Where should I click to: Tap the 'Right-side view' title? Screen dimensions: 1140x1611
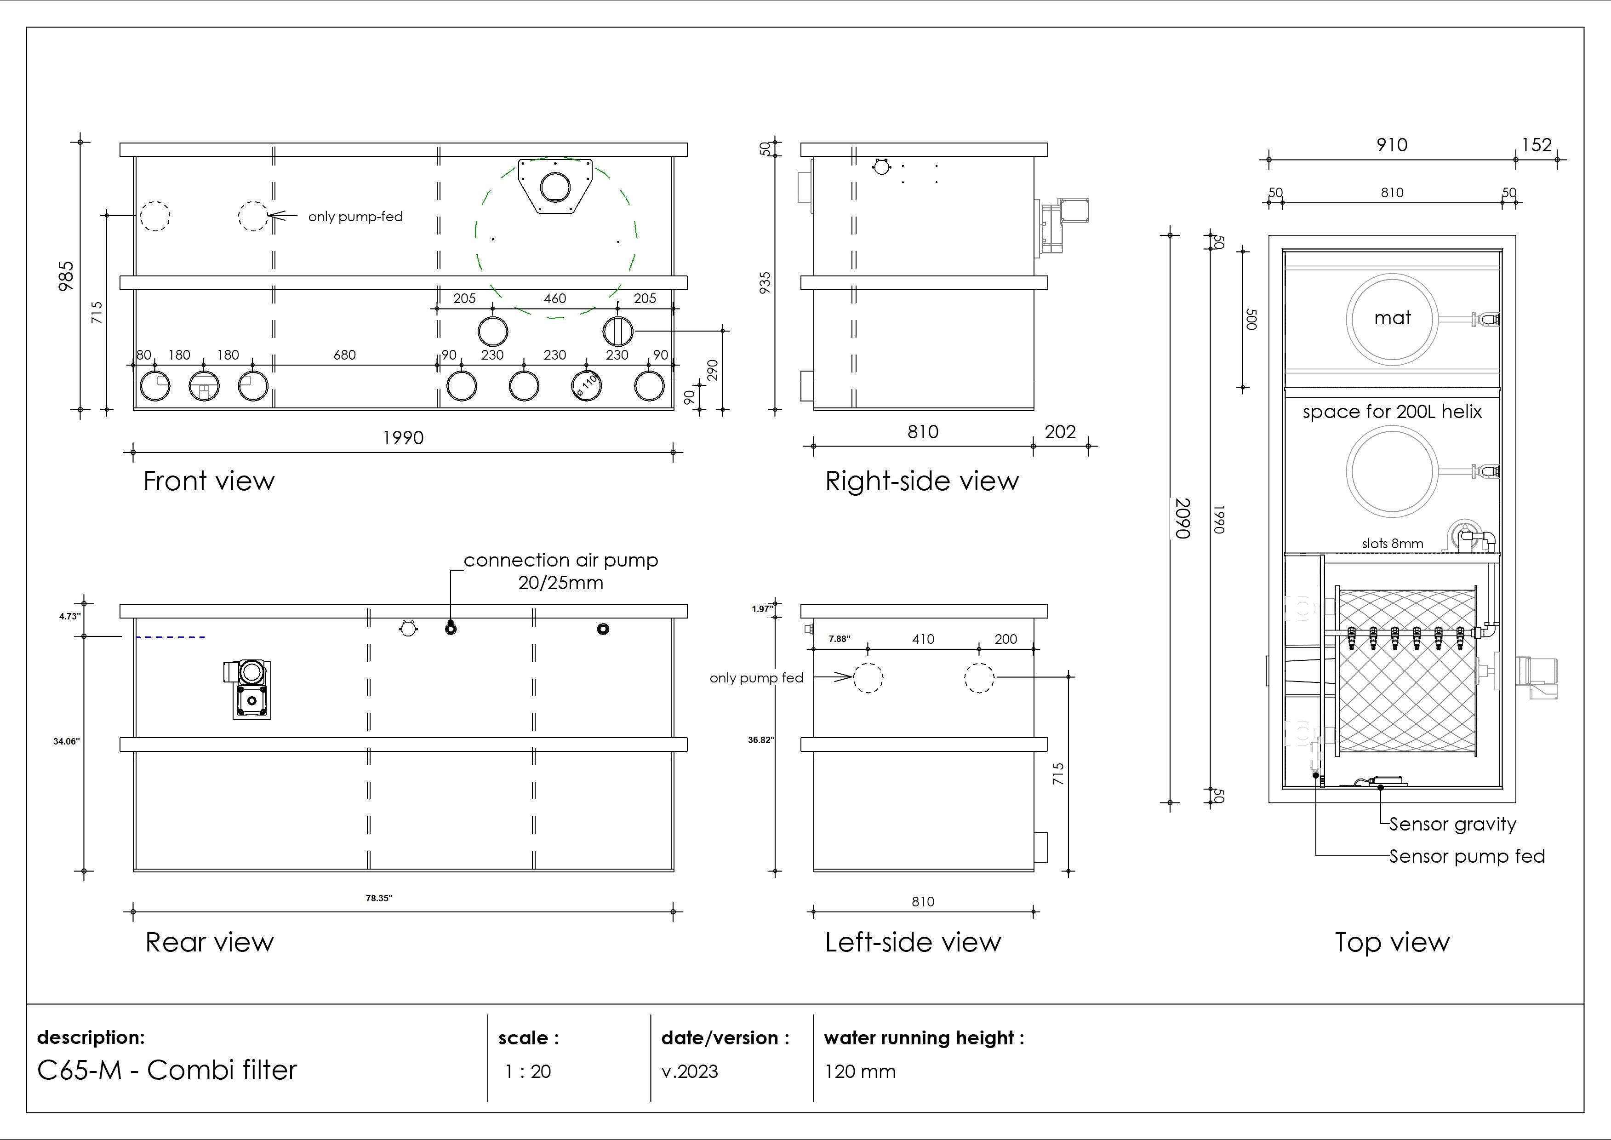coord(921,481)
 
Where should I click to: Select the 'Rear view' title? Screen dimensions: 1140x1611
coord(209,942)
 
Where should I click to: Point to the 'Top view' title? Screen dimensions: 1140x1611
coord(1391,942)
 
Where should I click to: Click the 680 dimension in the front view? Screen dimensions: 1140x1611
coord(344,355)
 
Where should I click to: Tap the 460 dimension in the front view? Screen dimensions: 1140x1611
coord(554,298)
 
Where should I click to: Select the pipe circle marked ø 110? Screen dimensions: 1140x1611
coord(586,385)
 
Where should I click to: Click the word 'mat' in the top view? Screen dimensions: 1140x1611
coord(1392,318)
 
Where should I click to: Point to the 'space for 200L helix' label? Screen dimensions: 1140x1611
coord(1392,412)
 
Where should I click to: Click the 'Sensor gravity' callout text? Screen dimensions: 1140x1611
coord(1452,824)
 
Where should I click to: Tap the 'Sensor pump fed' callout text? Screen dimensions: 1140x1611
coord(1467,856)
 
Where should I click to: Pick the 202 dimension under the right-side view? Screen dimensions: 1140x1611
coord(1059,432)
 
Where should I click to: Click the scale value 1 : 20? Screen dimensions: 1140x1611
coord(528,1071)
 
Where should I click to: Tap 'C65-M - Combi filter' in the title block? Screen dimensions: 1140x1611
coord(167,1070)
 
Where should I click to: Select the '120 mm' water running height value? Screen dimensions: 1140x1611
coord(860,1071)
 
